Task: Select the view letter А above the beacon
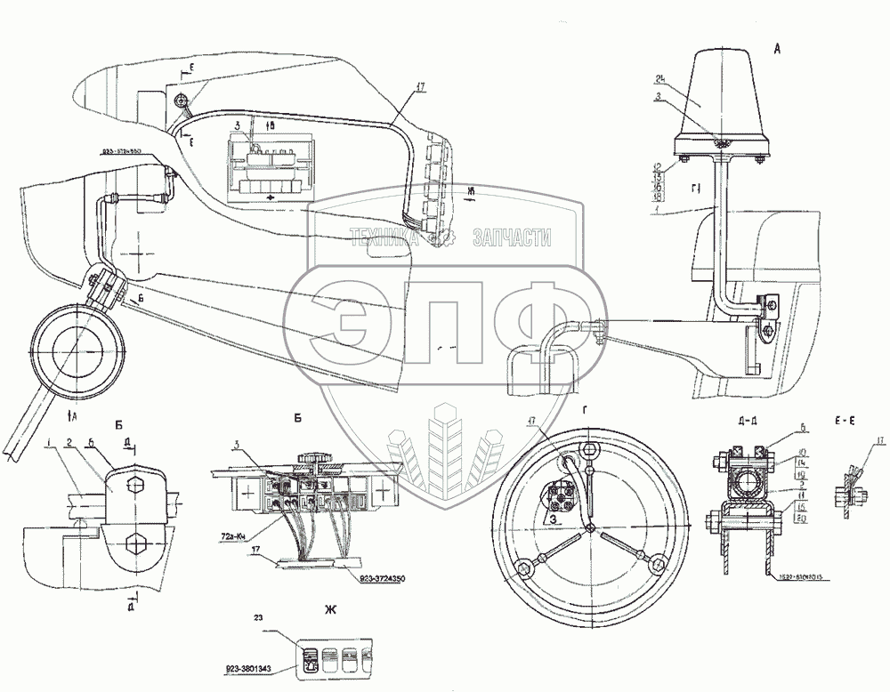[x=777, y=51]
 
